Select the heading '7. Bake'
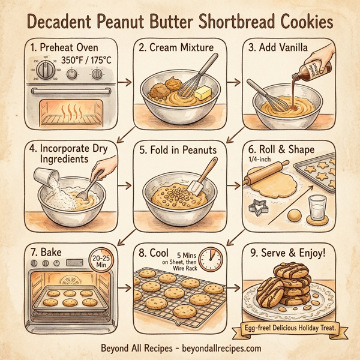(x=45, y=253)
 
